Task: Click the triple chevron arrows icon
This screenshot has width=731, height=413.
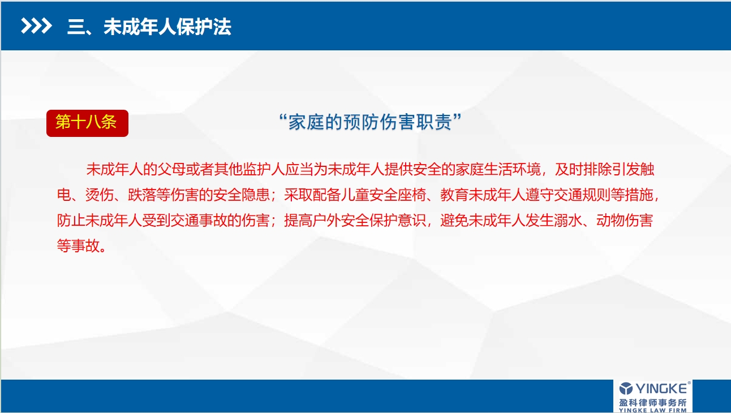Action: click(x=36, y=26)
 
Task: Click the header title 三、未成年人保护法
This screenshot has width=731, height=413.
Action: click(x=149, y=27)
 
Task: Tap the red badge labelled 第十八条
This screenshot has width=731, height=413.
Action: click(x=87, y=123)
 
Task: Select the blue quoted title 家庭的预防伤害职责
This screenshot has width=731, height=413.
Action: click(x=370, y=122)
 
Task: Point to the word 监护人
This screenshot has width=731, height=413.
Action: click(x=263, y=169)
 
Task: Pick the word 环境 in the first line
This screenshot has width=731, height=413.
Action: click(x=526, y=169)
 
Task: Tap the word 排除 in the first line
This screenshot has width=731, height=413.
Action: click(x=597, y=169)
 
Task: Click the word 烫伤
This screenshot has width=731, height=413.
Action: click(x=100, y=195)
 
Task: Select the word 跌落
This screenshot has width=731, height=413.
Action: click(x=142, y=195)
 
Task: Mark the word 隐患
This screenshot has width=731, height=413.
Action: click(x=256, y=195)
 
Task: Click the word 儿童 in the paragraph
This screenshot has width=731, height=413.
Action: click(x=355, y=195)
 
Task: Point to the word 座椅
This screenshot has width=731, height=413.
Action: click(x=412, y=195)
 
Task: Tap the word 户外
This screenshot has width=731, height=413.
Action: click(x=326, y=220)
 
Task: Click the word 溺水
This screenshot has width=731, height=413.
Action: click(x=568, y=220)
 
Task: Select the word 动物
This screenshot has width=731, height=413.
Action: click(x=610, y=220)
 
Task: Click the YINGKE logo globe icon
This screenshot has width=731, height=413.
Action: click(x=626, y=389)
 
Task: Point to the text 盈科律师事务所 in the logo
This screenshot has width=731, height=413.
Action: click(x=653, y=403)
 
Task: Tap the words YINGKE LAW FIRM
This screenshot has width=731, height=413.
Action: click(x=653, y=410)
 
